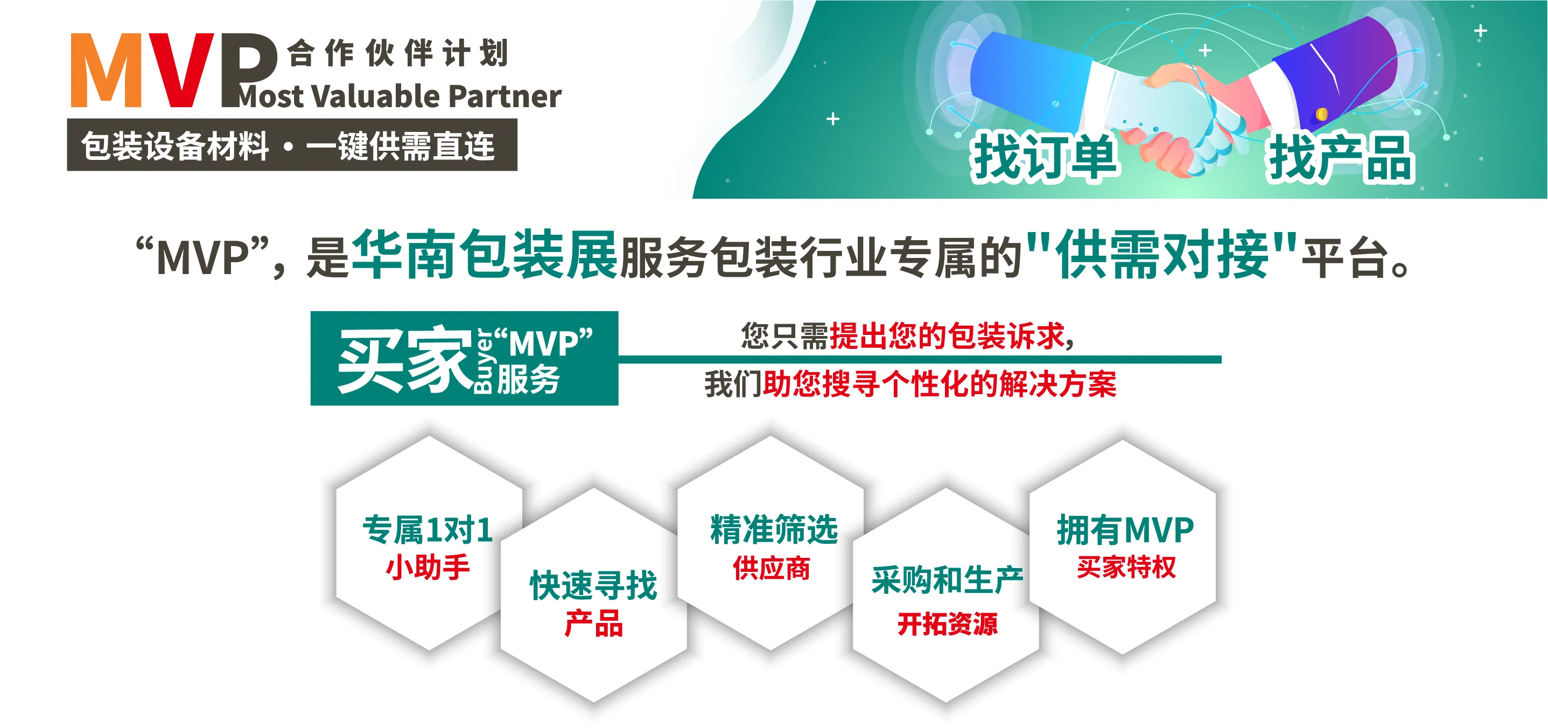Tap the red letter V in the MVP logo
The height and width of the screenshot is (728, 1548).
[178, 71]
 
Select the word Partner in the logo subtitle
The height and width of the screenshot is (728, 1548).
[505, 96]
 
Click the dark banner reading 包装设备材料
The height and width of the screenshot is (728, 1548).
[292, 145]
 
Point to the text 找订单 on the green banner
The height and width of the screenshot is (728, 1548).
[1045, 156]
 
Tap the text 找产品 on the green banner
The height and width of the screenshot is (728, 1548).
[1341, 158]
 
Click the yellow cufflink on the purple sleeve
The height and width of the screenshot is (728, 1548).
[1321, 114]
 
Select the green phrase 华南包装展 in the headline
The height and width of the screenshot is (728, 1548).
[485, 255]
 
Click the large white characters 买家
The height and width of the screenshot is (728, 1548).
[405, 360]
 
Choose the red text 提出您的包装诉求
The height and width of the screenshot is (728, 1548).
[947, 335]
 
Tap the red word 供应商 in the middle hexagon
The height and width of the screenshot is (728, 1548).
[772, 568]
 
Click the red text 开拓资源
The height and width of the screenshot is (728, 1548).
[947, 624]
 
